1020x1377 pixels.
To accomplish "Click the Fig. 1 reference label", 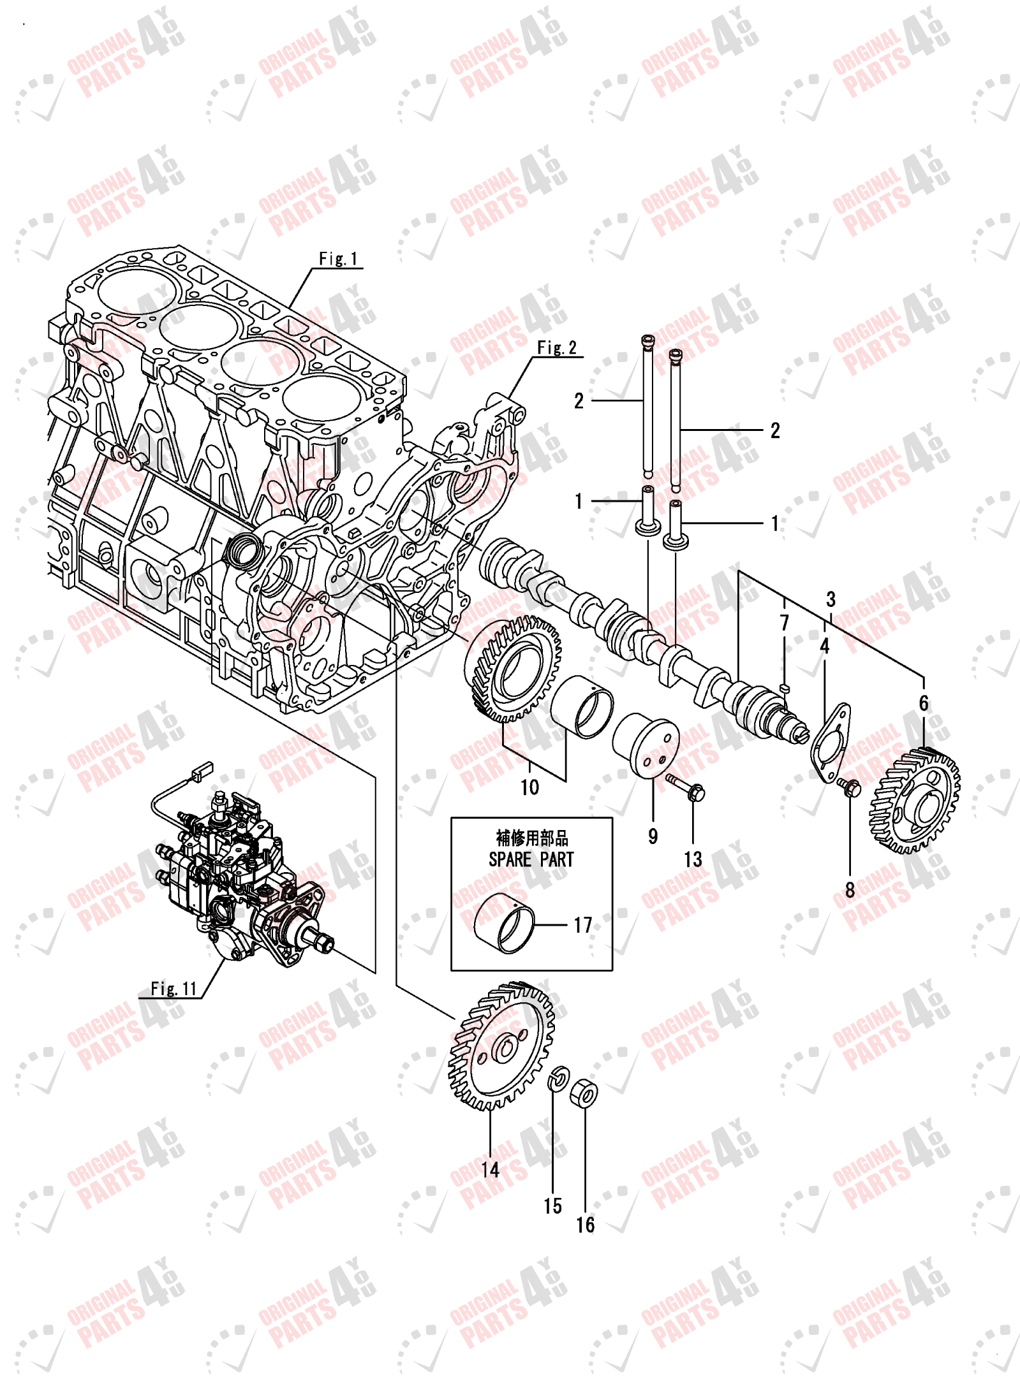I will pyautogui.click(x=338, y=258).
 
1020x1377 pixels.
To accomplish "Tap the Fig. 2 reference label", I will pyautogui.click(x=556, y=347).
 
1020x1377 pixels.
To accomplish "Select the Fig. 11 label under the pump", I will pyautogui.click(x=174, y=988).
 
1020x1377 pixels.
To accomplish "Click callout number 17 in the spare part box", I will pyautogui.click(x=582, y=925).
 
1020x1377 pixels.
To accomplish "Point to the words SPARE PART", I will pyautogui.click(x=531, y=859).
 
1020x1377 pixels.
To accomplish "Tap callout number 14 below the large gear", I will pyautogui.click(x=490, y=1170).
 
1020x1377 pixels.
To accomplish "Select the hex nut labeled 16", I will pyautogui.click(x=584, y=1094).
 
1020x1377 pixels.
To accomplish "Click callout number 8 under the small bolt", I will pyautogui.click(x=850, y=890).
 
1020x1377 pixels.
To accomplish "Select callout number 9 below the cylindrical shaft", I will pyautogui.click(x=653, y=836).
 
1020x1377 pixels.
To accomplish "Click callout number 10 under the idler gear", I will pyautogui.click(x=529, y=787).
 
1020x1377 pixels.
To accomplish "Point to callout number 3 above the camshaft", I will pyautogui.click(x=831, y=599).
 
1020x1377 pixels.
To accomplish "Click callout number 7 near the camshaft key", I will pyautogui.click(x=785, y=622).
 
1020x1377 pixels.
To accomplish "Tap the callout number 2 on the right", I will pyautogui.click(x=775, y=430).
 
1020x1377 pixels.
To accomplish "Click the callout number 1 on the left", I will pyautogui.click(x=579, y=501).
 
